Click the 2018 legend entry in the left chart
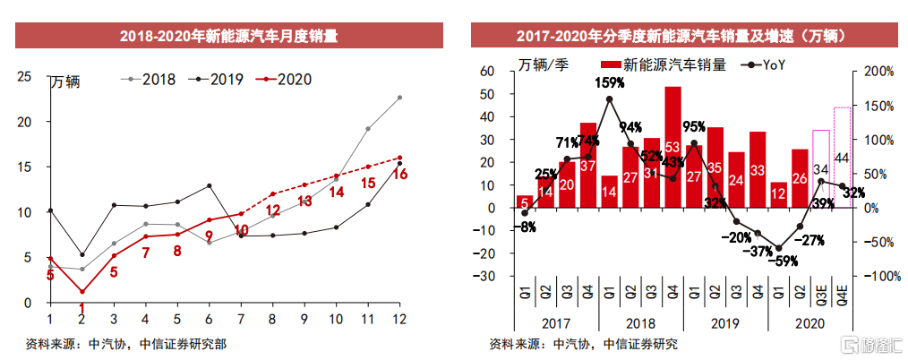[147, 79]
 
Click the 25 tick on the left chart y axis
[25, 76]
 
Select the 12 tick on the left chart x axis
[399, 320]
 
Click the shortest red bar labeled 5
[525, 201]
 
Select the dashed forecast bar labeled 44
[843, 158]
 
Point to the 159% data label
[609, 83]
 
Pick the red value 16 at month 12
[399, 175]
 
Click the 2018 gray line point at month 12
[399, 98]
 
